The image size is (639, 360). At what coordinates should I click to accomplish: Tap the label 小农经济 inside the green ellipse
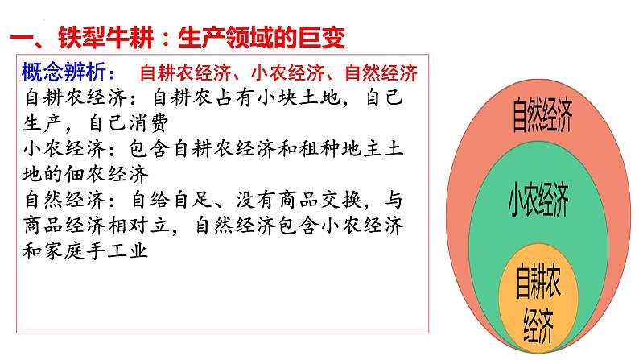tap(538, 198)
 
